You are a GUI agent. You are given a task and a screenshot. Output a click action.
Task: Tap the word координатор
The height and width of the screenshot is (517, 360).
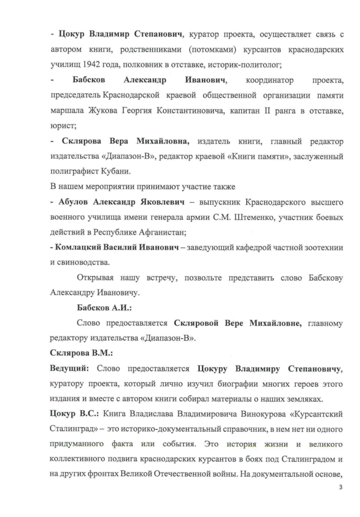coord(269,80)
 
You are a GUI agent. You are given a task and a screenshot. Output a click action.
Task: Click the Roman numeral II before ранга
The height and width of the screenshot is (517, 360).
coord(267,111)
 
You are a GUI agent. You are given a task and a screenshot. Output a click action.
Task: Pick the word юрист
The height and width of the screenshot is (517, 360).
coord(63,126)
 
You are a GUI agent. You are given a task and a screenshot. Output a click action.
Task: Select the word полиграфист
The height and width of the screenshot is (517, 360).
coord(74,172)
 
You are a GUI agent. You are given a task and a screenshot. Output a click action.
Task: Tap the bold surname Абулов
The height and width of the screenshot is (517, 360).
coord(73,202)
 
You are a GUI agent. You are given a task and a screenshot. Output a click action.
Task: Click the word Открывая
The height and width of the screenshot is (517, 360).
coord(95,278)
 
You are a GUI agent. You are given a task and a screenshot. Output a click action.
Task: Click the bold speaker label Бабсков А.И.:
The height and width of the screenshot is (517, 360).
coord(104,308)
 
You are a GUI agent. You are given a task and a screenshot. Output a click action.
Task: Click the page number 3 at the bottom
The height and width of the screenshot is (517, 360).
coord(340,487)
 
